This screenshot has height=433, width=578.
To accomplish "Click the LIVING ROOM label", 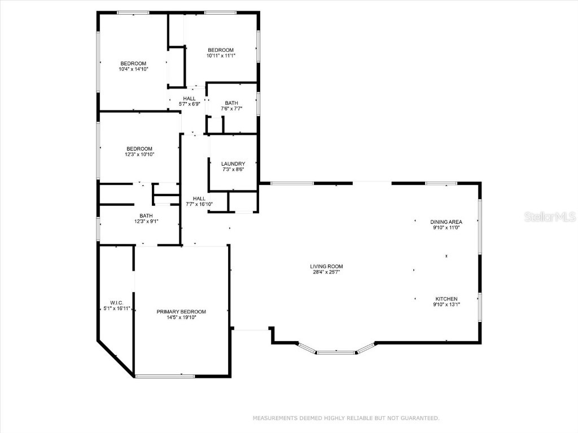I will pyautogui.click(x=326, y=266).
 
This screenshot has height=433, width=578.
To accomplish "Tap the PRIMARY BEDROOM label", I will pyautogui.click(x=181, y=312).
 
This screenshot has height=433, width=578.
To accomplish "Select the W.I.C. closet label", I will pyautogui.click(x=117, y=303).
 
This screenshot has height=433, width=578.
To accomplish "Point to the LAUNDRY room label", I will pyautogui.click(x=233, y=164).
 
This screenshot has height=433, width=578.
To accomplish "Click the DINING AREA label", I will pyautogui.click(x=446, y=222).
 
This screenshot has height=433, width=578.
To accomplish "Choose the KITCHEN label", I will pyautogui.click(x=446, y=299).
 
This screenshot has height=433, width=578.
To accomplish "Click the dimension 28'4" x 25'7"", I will pyautogui.click(x=326, y=272).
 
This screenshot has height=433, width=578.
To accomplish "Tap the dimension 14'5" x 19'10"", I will pyautogui.click(x=181, y=317).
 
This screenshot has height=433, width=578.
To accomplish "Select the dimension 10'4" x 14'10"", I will pyautogui.click(x=133, y=69).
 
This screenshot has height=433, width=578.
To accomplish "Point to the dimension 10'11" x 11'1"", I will pyautogui.click(x=221, y=56).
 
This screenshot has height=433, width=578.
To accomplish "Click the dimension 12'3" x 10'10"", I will pyautogui.click(x=139, y=154).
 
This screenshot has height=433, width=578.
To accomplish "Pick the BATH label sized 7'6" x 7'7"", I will pyautogui.click(x=231, y=103).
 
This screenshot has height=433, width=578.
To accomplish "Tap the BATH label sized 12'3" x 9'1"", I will pyautogui.click(x=146, y=215).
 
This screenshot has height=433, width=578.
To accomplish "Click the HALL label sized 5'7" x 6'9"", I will pyautogui.click(x=189, y=99).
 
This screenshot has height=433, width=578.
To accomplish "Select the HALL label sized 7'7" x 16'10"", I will pyautogui.click(x=199, y=198).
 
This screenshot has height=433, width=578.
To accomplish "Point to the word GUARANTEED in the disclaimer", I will pyautogui.click(x=418, y=418).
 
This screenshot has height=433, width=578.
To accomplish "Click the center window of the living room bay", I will pyautogui.click(x=336, y=352).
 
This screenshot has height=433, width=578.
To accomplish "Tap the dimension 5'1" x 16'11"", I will pyautogui.click(x=117, y=308).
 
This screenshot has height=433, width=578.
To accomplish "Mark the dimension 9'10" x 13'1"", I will pyautogui.click(x=446, y=304).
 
